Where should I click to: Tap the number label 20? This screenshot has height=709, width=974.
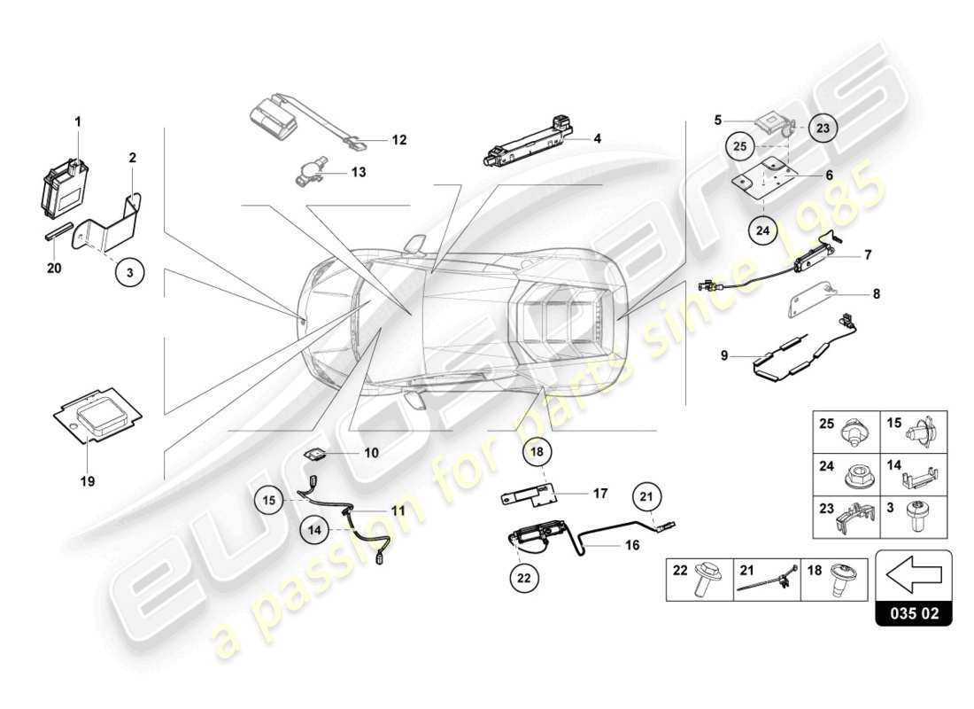[x=54, y=269]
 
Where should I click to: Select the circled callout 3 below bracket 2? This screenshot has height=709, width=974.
[x=129, y=273]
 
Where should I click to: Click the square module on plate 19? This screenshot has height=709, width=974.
[x=99, y=408]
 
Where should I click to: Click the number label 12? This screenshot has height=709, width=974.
[x=398, y=140]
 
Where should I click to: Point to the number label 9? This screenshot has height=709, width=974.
[x=723, y=356]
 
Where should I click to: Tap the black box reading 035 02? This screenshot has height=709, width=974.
[x=913, y=612]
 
